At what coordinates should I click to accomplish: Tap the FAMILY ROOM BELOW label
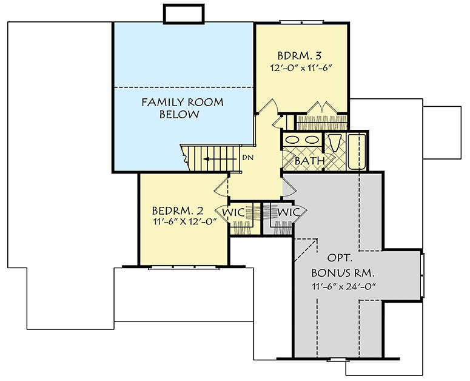[x=182, y=108]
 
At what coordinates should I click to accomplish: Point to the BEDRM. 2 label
[x=177, y=211]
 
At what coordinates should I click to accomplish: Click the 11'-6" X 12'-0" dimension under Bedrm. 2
[x=177, y=222]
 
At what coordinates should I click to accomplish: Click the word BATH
[x=309, y=161]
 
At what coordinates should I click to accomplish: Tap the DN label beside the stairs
[x=247, y=158]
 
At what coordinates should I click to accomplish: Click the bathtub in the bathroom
[x=357, y=151]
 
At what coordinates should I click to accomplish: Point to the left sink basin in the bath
[x=293, y=140]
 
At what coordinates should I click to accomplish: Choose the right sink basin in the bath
[x=312, y=140]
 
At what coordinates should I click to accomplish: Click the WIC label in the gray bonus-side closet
[x=288, y=212]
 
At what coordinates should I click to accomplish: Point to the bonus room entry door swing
[x=288, y=185]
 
